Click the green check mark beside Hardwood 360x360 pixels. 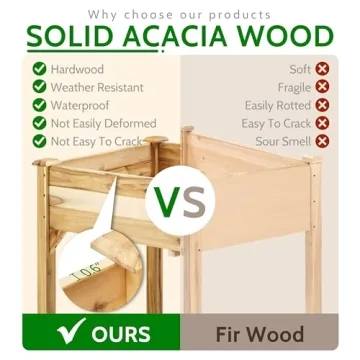pos(39,69)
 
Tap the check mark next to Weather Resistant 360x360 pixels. pos(39,87)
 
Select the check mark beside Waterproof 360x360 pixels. pos(39,105)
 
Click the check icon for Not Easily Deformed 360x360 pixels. pos(39,123)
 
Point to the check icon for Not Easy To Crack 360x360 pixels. pos(39,141)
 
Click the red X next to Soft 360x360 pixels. pos(322,69)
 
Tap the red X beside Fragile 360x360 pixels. pos(322,87)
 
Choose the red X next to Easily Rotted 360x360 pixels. pos(322,105)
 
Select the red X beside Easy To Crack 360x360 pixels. pos(322,123)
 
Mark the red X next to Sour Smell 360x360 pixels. pos(322,141)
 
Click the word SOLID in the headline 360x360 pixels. pos(69,37)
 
